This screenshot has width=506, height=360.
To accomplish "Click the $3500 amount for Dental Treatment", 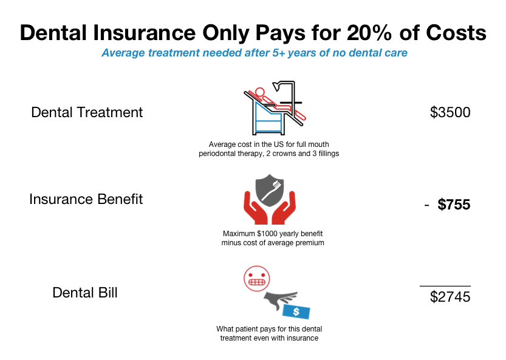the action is pos(450,112).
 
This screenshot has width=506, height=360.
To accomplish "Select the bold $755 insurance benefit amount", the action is pos(454,205).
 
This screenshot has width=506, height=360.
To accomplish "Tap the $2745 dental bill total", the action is pos(450,297).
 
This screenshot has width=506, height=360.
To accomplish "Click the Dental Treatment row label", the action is pos(87,112).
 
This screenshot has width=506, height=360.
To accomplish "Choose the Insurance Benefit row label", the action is pos(86,199).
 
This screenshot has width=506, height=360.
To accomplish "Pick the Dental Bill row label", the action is pos(85,293).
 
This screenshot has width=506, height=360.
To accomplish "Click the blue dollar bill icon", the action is pos(296,311).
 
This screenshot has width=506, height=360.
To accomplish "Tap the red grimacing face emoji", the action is pos(257,279).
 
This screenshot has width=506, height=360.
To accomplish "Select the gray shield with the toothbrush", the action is pos(270,191).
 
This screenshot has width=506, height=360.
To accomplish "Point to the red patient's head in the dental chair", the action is pos(259,92).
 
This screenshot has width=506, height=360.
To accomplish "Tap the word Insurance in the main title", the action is pos(144,33).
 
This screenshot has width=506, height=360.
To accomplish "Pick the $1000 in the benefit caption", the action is pos(267,234).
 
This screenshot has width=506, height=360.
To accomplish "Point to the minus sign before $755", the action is pos(426,205).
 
